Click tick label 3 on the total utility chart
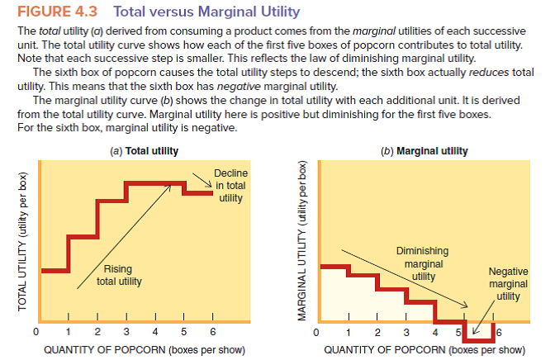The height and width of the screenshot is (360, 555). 126,332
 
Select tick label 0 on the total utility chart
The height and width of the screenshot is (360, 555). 36,332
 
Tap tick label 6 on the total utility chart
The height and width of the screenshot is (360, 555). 212,332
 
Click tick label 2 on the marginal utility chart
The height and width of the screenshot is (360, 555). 377,333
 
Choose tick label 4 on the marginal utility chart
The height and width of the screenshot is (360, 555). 436,333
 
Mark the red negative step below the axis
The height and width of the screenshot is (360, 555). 479,333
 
